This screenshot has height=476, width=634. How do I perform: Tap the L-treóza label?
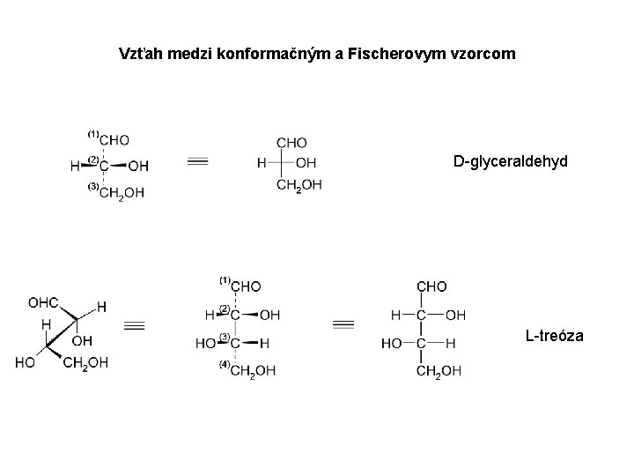click(x=552, y=335)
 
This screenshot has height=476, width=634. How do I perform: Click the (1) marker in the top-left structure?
click(x=92, y=132)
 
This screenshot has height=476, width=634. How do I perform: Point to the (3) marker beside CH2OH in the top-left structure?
click(x=92, y=187)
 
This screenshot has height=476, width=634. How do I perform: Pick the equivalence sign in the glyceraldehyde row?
click(x=198, y=162)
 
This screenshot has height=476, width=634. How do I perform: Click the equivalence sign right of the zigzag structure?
click(x=134, y=326)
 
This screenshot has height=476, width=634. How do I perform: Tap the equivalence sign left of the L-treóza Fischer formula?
click(x=343, y=325)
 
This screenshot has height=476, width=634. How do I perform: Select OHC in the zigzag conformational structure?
click(x=43, y=302)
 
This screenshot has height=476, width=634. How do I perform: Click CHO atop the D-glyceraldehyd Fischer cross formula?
click(x=291, y=142)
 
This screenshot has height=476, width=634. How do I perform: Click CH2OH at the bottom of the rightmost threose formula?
click(x=437, y=371)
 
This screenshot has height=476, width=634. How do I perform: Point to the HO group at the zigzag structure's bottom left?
click(x=24, y=362)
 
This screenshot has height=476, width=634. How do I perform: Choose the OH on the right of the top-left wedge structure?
click(x=138, y=166)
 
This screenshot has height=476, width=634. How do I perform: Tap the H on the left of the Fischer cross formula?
click(x=261, y=163)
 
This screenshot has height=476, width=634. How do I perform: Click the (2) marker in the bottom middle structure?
click(x=224, y=308)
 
